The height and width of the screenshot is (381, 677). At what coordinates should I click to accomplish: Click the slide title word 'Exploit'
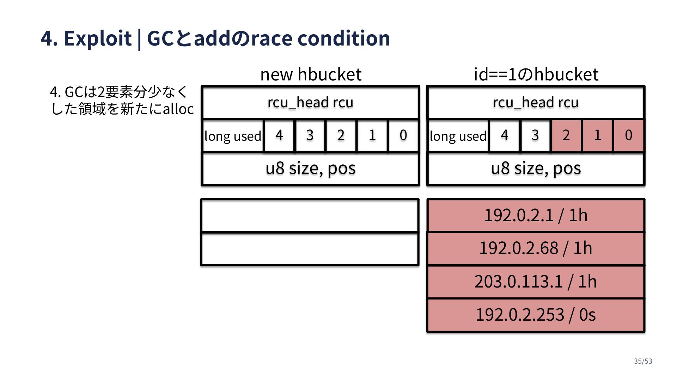point(97,38)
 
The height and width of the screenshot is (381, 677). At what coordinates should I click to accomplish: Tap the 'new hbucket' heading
point(311,74)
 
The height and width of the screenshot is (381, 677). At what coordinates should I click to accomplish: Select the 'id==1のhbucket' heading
point(536,74)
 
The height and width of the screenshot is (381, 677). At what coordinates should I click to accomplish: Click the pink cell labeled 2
point(566,135)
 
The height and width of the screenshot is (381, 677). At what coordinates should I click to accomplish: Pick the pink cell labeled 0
point(628,135)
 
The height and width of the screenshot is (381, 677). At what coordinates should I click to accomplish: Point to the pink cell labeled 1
point(597,135)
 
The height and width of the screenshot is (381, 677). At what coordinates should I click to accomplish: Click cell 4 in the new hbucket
point(279,135)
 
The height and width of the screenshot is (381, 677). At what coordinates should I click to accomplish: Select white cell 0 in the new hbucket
point(403,135)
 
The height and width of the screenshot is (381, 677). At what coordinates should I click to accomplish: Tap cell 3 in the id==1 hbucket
point(535,135)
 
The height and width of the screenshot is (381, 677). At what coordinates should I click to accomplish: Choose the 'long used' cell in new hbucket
point(233,136)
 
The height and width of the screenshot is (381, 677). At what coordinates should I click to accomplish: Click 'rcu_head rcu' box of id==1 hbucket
point(536,102)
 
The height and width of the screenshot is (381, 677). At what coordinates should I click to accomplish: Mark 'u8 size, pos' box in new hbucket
point(310,168)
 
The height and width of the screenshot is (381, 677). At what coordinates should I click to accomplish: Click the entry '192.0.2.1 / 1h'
point(536,215)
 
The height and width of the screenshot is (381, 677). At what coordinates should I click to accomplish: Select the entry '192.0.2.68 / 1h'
point(536,248)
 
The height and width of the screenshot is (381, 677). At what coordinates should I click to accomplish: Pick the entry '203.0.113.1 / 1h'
point(536,282)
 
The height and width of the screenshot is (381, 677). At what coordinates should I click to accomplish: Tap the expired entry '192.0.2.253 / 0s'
point(536,315)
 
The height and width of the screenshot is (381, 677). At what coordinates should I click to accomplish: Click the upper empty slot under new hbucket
point(310,216)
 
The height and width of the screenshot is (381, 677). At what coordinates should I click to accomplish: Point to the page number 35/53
point(643,361)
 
